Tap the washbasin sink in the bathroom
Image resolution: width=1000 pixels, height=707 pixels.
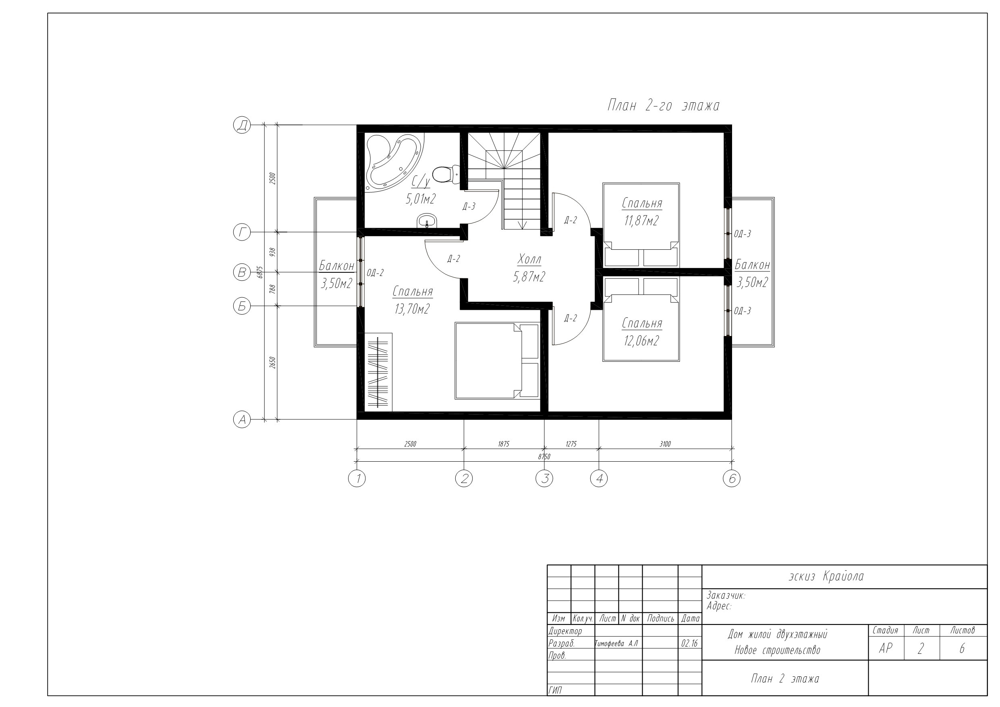pos(427,221)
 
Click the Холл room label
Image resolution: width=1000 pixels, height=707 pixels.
pos(530,259)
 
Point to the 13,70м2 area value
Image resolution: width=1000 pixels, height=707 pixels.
pos(412,309)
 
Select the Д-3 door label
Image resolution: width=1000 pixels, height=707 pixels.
pos(469,207)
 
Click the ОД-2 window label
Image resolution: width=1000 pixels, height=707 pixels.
pos(376,273)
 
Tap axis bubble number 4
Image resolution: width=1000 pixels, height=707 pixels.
pos(599,478)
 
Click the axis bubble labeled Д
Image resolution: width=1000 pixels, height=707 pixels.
pos(242,125)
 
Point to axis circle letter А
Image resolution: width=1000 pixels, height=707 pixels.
pos(242,419)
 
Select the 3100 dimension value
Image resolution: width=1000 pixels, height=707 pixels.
pos(665,444)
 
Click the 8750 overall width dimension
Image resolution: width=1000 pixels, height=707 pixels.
pos(544,456)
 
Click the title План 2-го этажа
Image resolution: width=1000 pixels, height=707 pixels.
pos(663,106)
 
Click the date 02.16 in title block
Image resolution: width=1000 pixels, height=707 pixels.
pos(689,643)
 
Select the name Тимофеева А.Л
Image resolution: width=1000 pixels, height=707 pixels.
pos(616,643)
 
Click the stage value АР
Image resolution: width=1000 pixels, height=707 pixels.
pos(886,649)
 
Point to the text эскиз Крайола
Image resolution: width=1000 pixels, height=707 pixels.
pos(826,576)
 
